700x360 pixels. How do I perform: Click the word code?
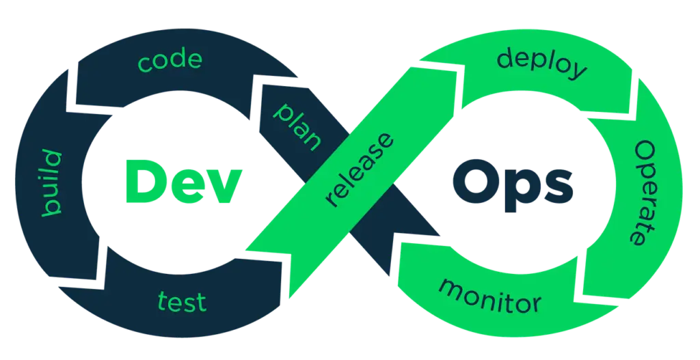click(x=170, y=61)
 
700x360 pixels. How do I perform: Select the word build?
click(x=52, y=184)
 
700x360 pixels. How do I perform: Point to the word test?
click(x=182, y=301)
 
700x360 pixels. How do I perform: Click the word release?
click(x=360, y=171)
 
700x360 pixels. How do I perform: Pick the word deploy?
click(x=542, y=64)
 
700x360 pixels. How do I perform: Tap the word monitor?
click(x=490, y=294)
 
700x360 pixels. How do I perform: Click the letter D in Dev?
click(x=140, y=180)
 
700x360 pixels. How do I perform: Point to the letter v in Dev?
click(x=224, y=185)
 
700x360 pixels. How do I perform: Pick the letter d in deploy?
click(x=507, y=57)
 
